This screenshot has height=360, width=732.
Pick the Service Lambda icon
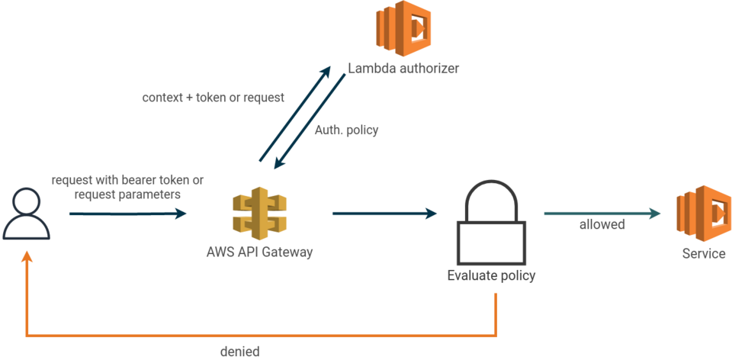(703, 211)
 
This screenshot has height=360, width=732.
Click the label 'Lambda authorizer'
(403, 68)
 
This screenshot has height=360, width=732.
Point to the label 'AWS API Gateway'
(259, 253)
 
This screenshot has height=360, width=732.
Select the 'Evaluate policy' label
(491, 276)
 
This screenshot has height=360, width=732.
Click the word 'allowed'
(602, 225)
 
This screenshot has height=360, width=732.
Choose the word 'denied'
(239, 352)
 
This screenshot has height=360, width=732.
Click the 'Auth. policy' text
(347, 130)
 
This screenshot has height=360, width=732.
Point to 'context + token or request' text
(213, 98)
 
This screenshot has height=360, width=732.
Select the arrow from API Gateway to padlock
(384, 214)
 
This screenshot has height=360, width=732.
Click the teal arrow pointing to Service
(602, 214)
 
